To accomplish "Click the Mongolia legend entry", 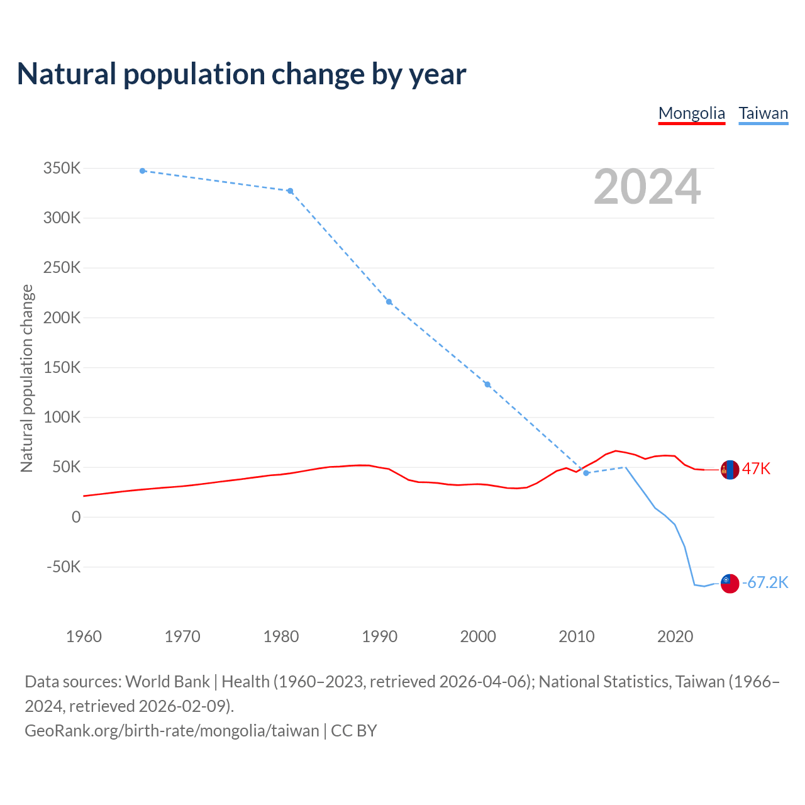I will tap(691, 114).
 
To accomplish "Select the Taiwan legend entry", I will tap(763, 114).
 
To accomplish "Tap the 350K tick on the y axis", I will tap(62, 169).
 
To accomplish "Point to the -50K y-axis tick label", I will tap(64, 567).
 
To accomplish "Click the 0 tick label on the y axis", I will tap(76, 517).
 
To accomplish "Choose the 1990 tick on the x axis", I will tap(380, 636).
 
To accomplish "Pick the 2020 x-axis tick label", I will tap(675, 636).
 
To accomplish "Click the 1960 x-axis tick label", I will tap(84, 636).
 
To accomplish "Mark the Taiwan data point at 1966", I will tap(143, 171).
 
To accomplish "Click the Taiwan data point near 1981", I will tap(291, 191).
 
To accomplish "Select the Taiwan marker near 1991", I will tap(389, 302).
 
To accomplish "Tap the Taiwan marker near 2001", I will tap(487, 384).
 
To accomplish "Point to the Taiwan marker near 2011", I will tap(586, 473).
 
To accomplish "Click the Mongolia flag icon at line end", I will tap(730, 470).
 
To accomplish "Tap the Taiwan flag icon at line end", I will tap(730, 584).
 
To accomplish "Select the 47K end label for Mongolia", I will tap(756, 469).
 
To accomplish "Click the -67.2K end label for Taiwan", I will tap(765, 583).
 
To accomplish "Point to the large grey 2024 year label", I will tap(647, 187).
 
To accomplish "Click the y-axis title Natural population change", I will tap(27, 378).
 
